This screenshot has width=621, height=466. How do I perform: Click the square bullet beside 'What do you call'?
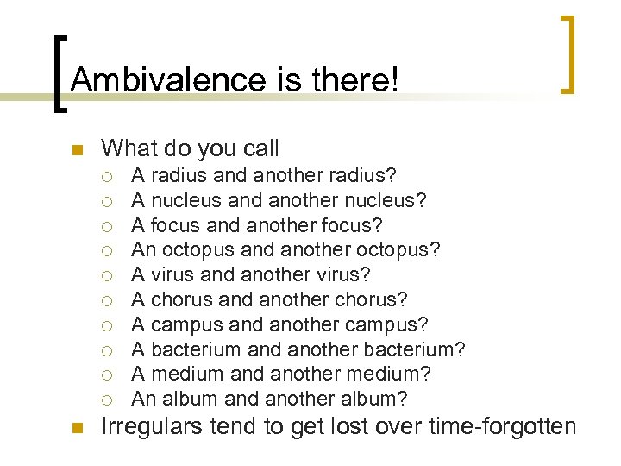click(x=75, y=150)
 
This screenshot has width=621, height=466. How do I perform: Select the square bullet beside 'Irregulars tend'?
click(x=75, y=426)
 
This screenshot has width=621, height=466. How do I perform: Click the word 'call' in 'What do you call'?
click(x=260, y=148)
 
